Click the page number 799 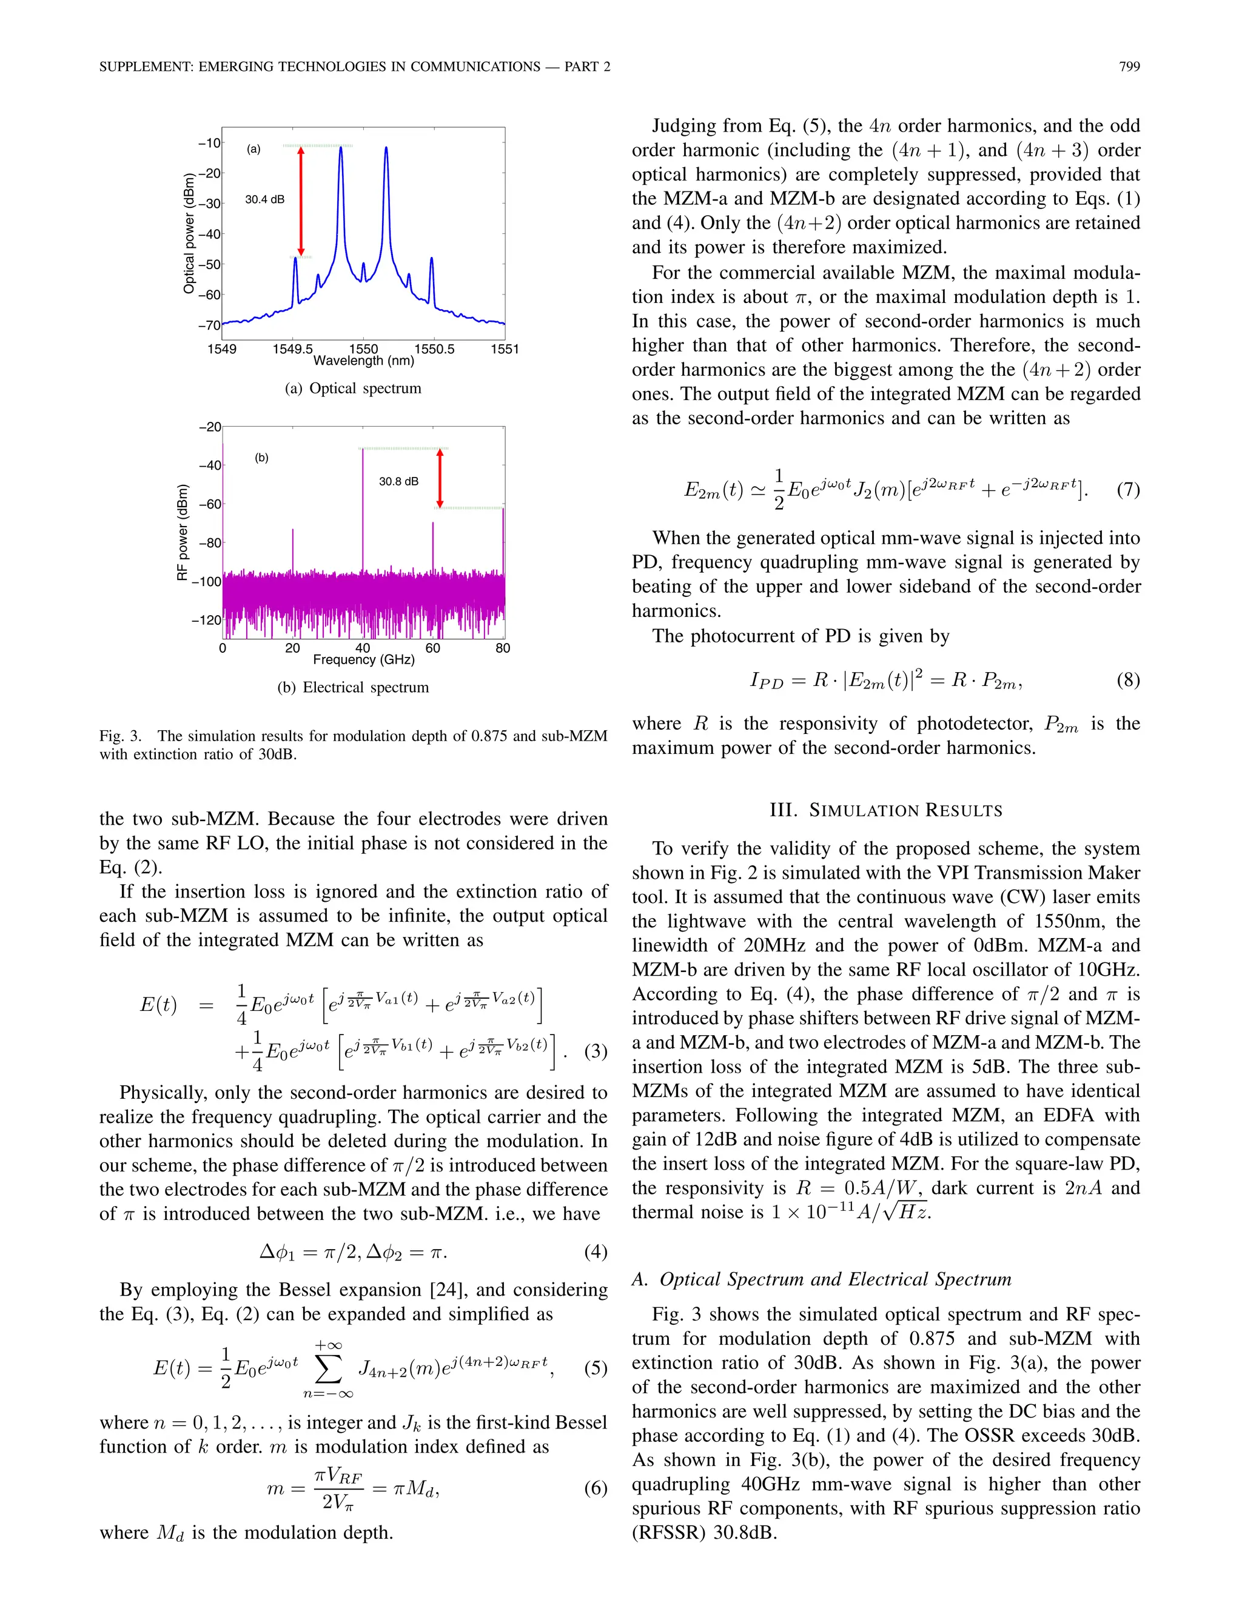[x=1129, y=67]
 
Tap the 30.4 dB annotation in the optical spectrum [x=264, y=199]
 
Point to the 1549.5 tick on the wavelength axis [x=292, y=348]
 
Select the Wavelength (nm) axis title [x=363, y=361]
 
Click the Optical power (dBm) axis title [x=189, y=233]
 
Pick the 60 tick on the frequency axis [x=432, y=648]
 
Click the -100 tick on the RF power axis [x=206, y=582]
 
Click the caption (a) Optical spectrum [x=353, y=388]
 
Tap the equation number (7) [x=1128, y=490]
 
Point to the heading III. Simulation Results [x=886, y=810]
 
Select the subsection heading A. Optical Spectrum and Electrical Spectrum [x=821, y=1279]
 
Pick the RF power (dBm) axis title [x=183, y=531]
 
